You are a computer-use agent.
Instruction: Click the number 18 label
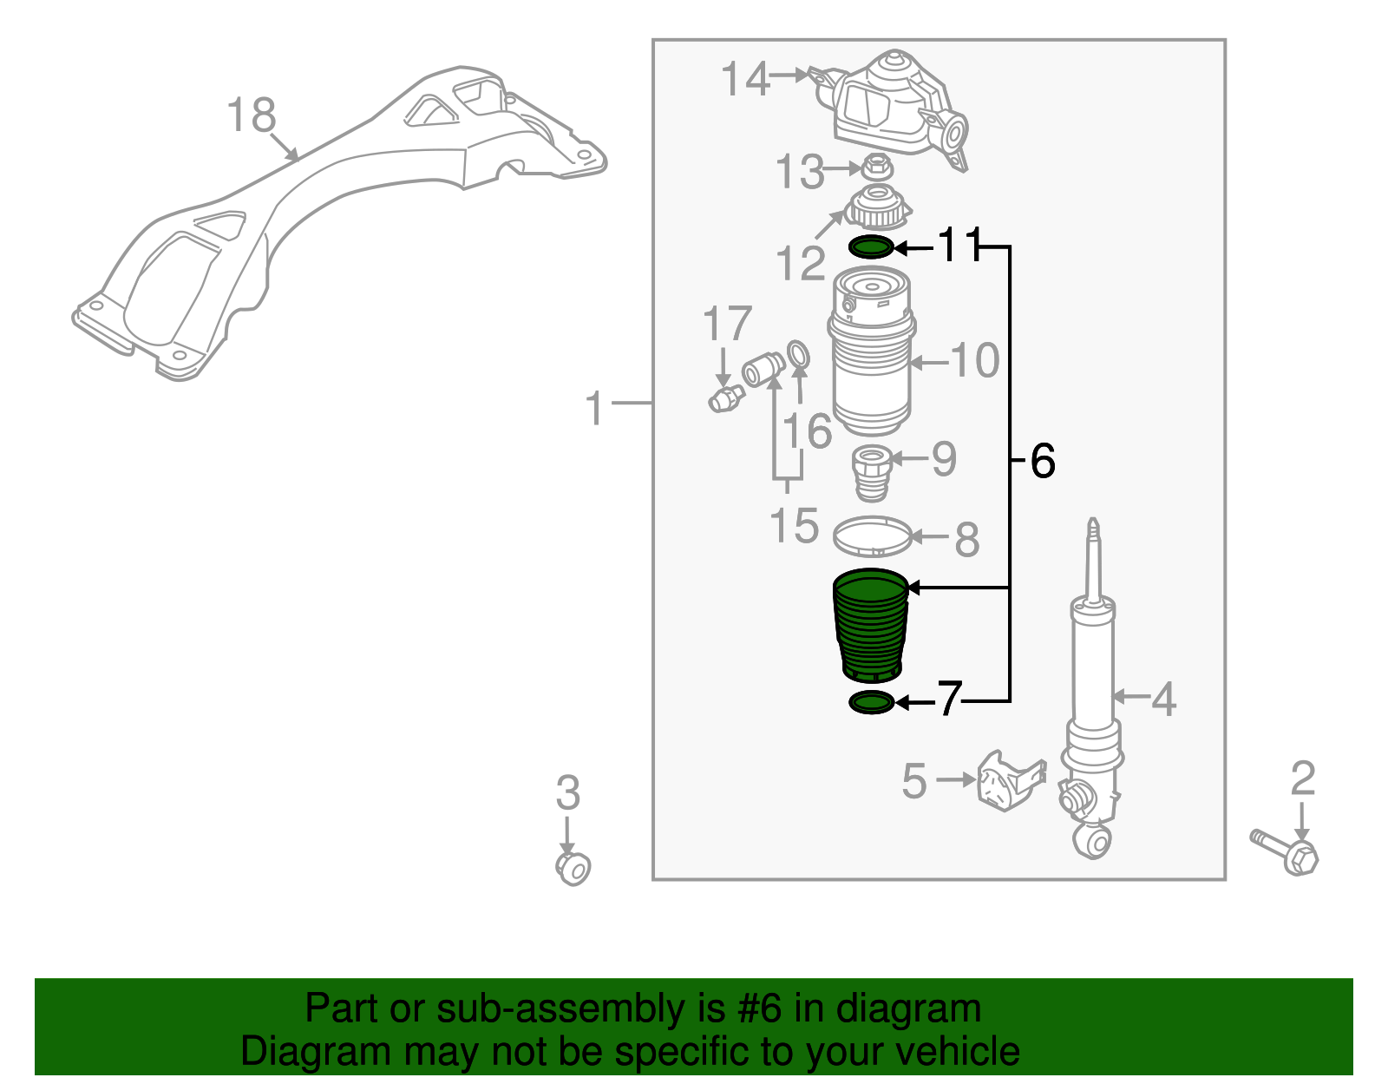pos(251,115)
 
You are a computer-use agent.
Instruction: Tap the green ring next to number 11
pos(870,247)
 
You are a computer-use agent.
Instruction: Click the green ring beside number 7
pos(871,702)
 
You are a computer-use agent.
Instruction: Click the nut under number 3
pos(573,867)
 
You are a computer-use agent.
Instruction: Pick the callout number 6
pos(1043,460)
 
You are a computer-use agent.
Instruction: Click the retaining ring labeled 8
pos(872,536)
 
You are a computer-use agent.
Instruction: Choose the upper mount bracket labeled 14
pos(894,108)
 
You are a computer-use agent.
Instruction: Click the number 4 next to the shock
pos(1162,699)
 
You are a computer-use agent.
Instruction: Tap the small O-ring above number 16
pos(799,355)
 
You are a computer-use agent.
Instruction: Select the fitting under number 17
pos(725,399)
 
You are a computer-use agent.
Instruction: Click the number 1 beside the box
pos(594,408)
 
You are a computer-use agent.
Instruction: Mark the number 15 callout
pos(794,526)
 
